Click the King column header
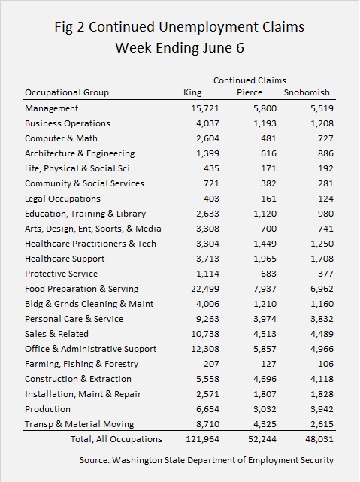coord(192,92)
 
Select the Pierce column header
coord(250,92)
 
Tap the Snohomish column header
coord(307,92)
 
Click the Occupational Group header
coord(67,92)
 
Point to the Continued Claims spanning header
coord(250,80)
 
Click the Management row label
coord(51,108)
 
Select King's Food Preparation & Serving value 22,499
coord(205,289)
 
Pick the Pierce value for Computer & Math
coord(268,138)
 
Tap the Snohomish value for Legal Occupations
coord(325,199)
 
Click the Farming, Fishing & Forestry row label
coord(81,364)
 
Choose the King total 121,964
coord(202,439)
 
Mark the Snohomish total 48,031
coord(319,439)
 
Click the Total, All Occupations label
coord(116,439)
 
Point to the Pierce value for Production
coord(265,409)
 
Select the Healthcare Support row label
coord(65,259)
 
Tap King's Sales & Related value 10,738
coord(205,334)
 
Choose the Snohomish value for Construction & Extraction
coord(322,379)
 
